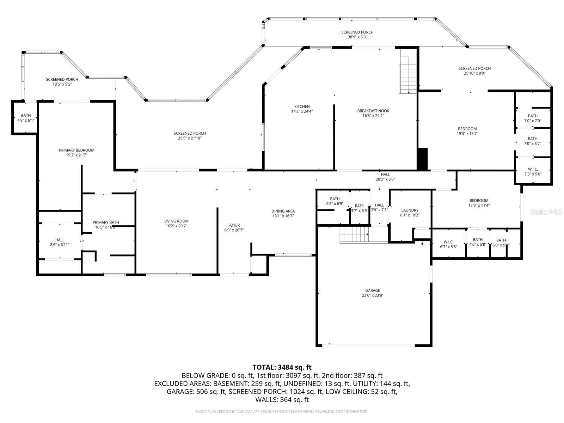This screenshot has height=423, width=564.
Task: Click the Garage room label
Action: point(373,293)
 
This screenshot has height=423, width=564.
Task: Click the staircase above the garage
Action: point(354,235)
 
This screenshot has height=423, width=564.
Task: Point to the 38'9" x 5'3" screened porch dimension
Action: point(357,37)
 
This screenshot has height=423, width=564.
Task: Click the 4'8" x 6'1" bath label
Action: point(26,118)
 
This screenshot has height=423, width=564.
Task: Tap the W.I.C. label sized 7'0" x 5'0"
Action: point(533,171)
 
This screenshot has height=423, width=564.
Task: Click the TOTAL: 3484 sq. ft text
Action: point(282,367)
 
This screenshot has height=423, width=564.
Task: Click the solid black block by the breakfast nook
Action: point(422,159)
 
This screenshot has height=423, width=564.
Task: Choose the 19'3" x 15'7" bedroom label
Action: point(467,131)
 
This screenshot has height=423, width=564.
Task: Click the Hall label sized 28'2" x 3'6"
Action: point(385,177)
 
